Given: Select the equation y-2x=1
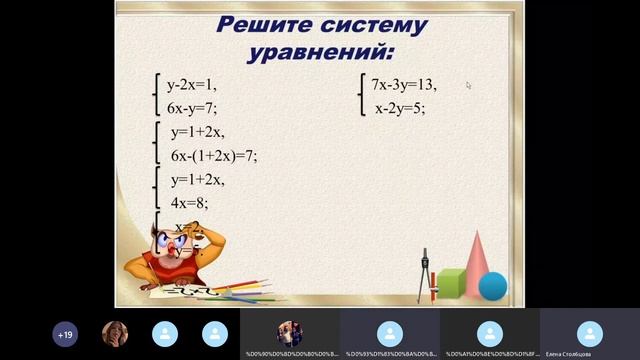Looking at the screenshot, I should [192, 85].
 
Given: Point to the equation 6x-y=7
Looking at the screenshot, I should [192, 108].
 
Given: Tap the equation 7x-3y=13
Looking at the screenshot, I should [404, 85].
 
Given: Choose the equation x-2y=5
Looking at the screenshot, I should [400, 108].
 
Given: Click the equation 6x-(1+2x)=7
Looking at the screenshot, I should [214, 155].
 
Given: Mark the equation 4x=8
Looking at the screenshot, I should [189, 202].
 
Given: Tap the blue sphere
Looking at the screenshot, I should [493, 287].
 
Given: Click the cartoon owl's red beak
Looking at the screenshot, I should [178, 249].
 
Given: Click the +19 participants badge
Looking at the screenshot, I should [65, 334].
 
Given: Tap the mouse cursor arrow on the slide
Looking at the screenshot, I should [468, 85].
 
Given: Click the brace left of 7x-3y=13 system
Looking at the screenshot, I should [360, 96].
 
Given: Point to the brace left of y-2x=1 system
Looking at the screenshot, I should [156, 96].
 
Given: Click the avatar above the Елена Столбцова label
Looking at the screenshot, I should [590, 332].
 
